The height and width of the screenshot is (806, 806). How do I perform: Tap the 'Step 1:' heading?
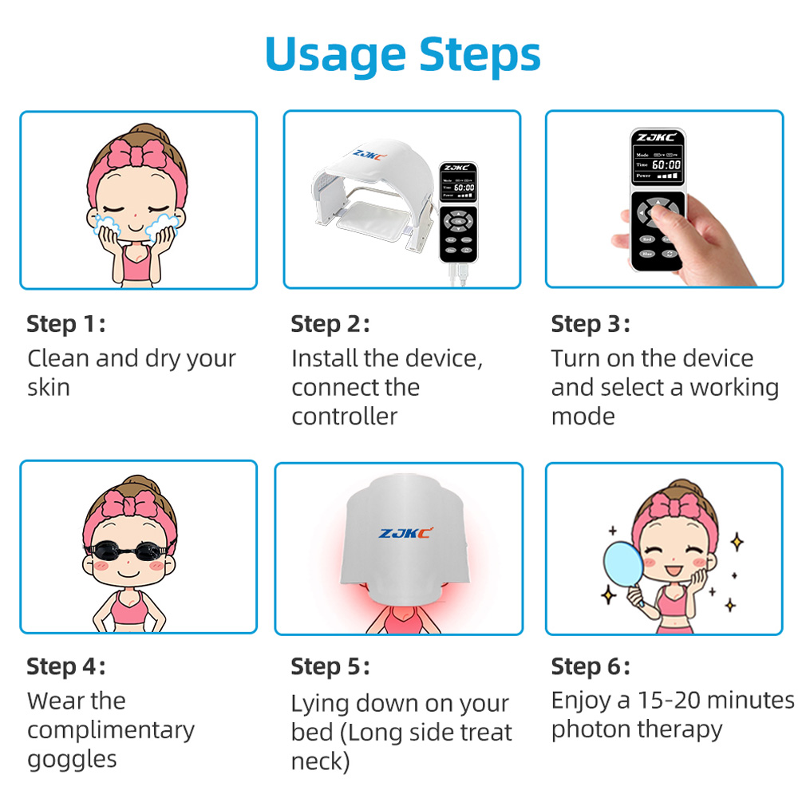click(x=65, y=324)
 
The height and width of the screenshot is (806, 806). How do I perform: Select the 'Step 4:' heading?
click(x=65, y=666)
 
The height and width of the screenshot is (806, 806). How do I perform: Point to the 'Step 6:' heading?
click(x=590, y=666)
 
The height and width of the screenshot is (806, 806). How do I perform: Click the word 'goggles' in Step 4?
click(x=72, y=760)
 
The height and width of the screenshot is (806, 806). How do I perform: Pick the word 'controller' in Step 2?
click(x=345, y=417)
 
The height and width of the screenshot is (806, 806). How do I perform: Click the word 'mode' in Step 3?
click(x=583, y=417)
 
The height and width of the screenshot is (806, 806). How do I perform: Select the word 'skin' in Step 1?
click(x=49, y=388)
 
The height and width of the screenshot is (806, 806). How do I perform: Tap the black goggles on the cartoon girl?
click(x=128, y=551)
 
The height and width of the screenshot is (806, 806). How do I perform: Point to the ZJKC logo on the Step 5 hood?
click(x=405, y=533)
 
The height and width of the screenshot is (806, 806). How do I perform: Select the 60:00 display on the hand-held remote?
click(x=666, y=165)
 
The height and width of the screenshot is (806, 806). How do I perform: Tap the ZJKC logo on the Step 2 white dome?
click(x=369, y=154)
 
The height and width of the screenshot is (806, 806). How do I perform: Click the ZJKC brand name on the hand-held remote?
click(x=657, y=137)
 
